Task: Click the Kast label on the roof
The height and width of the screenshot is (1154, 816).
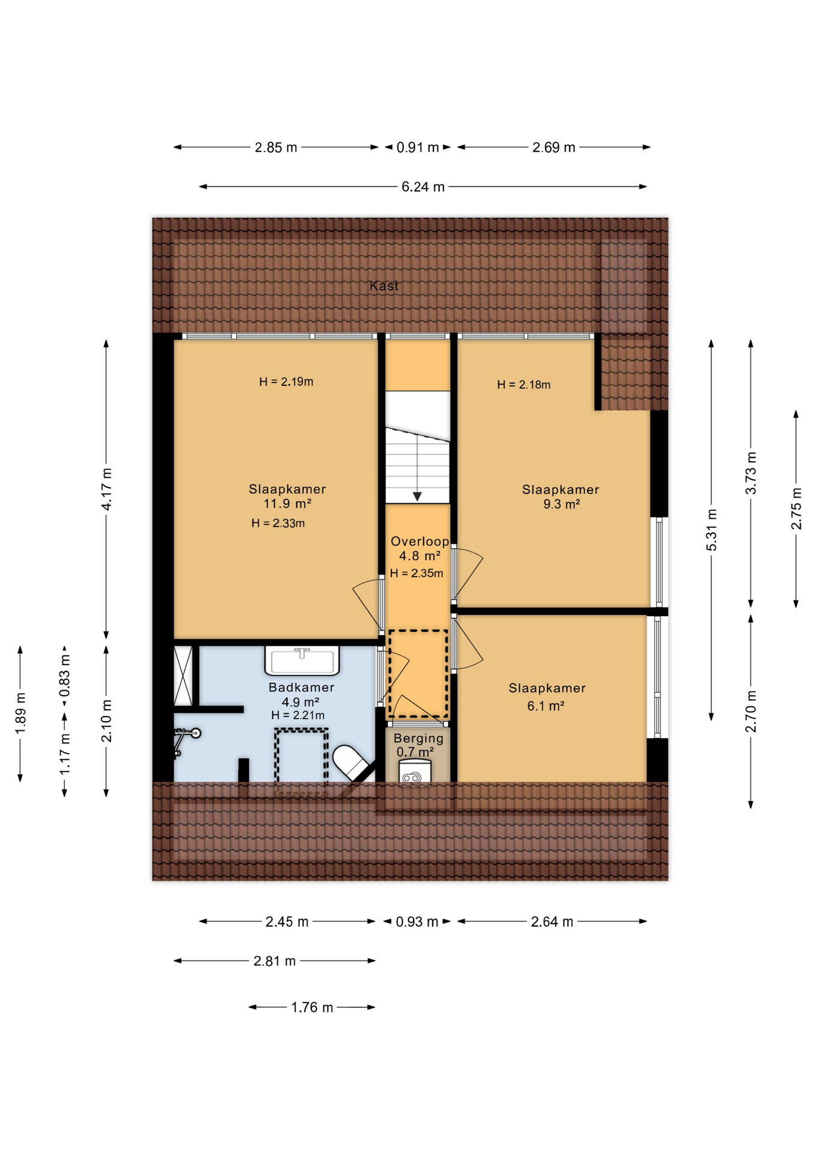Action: (x=384, y=286)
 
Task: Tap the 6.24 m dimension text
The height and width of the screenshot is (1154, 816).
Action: (x=423, y=187)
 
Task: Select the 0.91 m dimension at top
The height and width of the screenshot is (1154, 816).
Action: (x=418, y=147)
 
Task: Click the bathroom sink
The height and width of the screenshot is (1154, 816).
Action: (x=302, y=661)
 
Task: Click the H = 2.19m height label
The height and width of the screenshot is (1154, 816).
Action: (x=286, y=382)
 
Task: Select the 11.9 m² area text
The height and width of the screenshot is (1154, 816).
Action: (x=287, y=504)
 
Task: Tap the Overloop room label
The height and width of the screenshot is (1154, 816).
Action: (x=419, y=541)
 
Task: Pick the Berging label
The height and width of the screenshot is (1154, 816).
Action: (x=418, y=738)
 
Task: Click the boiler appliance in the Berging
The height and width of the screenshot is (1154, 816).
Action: (x=415, y=772)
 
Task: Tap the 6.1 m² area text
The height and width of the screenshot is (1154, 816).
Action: (x=546, y=706)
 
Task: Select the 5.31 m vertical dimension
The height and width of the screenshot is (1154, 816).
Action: (x=711, y=530)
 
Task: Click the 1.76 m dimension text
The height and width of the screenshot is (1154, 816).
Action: (x=312, y=1007)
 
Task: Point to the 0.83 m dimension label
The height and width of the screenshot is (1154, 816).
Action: (x=65, y=675)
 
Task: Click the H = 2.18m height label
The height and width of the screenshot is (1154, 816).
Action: (x=523, y=385)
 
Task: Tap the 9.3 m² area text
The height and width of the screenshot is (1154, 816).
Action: (x=561, y=504)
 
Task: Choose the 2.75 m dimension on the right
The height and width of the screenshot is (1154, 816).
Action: (x=796, y=508)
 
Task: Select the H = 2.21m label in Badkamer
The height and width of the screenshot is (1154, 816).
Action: (x=297, y=715)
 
